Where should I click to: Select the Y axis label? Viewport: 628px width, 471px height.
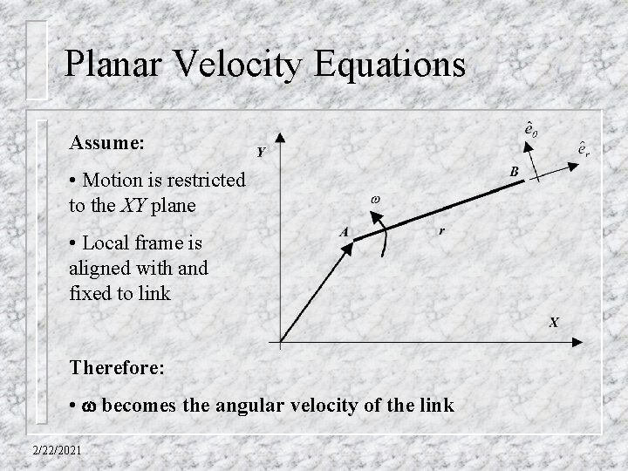(x=260, y=153)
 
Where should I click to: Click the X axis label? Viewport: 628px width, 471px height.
(x=554, y=323)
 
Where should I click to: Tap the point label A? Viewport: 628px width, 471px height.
(x=344, y=232)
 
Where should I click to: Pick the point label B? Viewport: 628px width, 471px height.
(x=515, y=173)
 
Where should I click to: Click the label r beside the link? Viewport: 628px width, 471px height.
(x=442, y=231)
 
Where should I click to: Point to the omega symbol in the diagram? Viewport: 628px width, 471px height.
(x=376, y=200)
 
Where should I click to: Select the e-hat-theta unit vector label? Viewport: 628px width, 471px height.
(x=529, y=128)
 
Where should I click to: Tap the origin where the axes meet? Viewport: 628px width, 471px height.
(x=279, y=341)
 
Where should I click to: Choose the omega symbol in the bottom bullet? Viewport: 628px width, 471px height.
(x=87, y=407)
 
